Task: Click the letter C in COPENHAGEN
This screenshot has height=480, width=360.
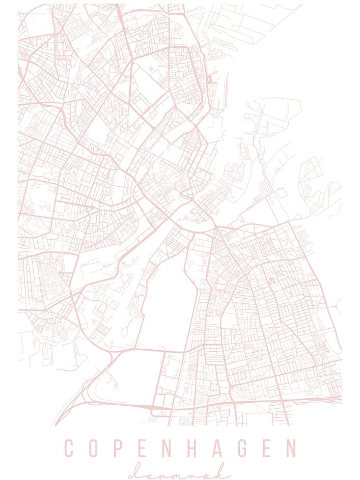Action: [69, 448]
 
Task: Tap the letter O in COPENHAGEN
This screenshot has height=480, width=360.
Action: [94, 448]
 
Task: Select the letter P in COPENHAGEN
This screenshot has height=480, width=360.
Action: [120, 448]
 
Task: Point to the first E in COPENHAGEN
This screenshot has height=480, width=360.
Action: [144, 448]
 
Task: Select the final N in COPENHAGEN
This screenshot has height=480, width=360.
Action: [291, 448]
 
